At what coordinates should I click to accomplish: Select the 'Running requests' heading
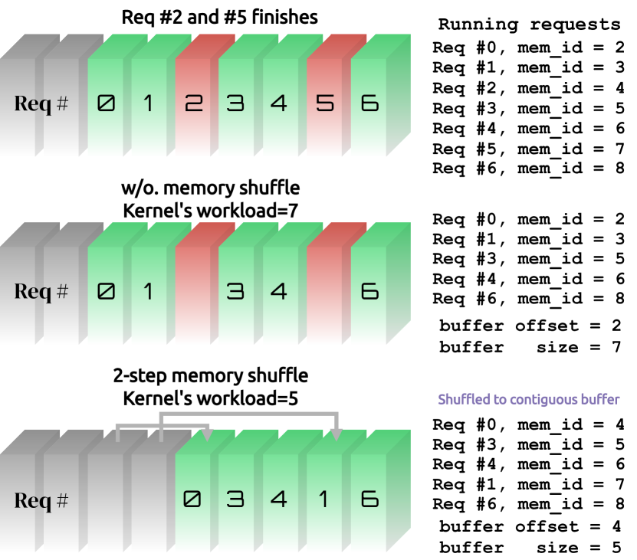coord(529,24)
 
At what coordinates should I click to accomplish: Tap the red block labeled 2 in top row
coord(194,103)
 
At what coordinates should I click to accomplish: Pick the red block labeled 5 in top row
coord(326,103)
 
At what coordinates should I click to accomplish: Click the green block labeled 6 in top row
coord(369,103)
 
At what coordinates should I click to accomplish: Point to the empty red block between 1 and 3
coord(194,291)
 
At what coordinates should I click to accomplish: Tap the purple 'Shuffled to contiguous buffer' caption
coord(529,399)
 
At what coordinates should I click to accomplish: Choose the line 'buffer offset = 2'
coord(529,326)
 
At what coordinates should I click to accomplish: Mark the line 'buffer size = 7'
coord(529,347)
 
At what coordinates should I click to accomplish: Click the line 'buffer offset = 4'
coord(529,527)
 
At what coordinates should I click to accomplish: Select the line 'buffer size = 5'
coord(529,548)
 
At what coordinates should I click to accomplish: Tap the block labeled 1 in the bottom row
coord(326,499)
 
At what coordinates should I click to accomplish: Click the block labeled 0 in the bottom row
coord(194,499)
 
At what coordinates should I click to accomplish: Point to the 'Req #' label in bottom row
coord(41,501)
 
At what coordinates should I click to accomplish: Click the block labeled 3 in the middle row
coord(238,291)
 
